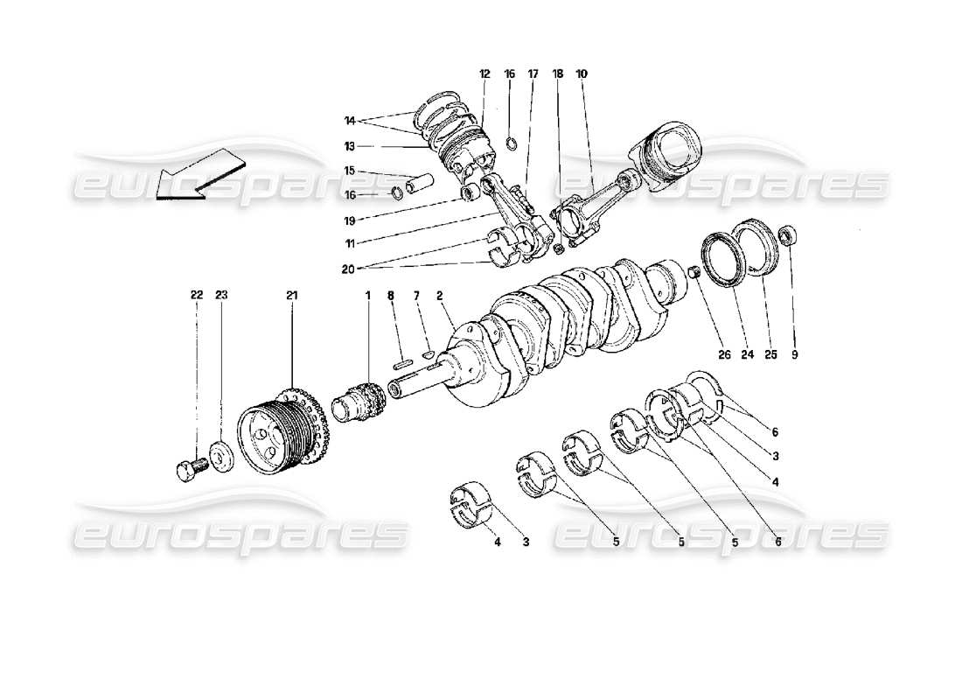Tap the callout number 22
coord(197,296)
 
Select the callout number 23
coord(221,296)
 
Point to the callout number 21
coord(291,296)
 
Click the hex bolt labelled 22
coord(189,470)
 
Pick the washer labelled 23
coord(221,457)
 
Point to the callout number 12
coord(484,74)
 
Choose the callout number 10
coord(582,74)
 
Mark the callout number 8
coord(392,296)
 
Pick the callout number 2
coord(439,296)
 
